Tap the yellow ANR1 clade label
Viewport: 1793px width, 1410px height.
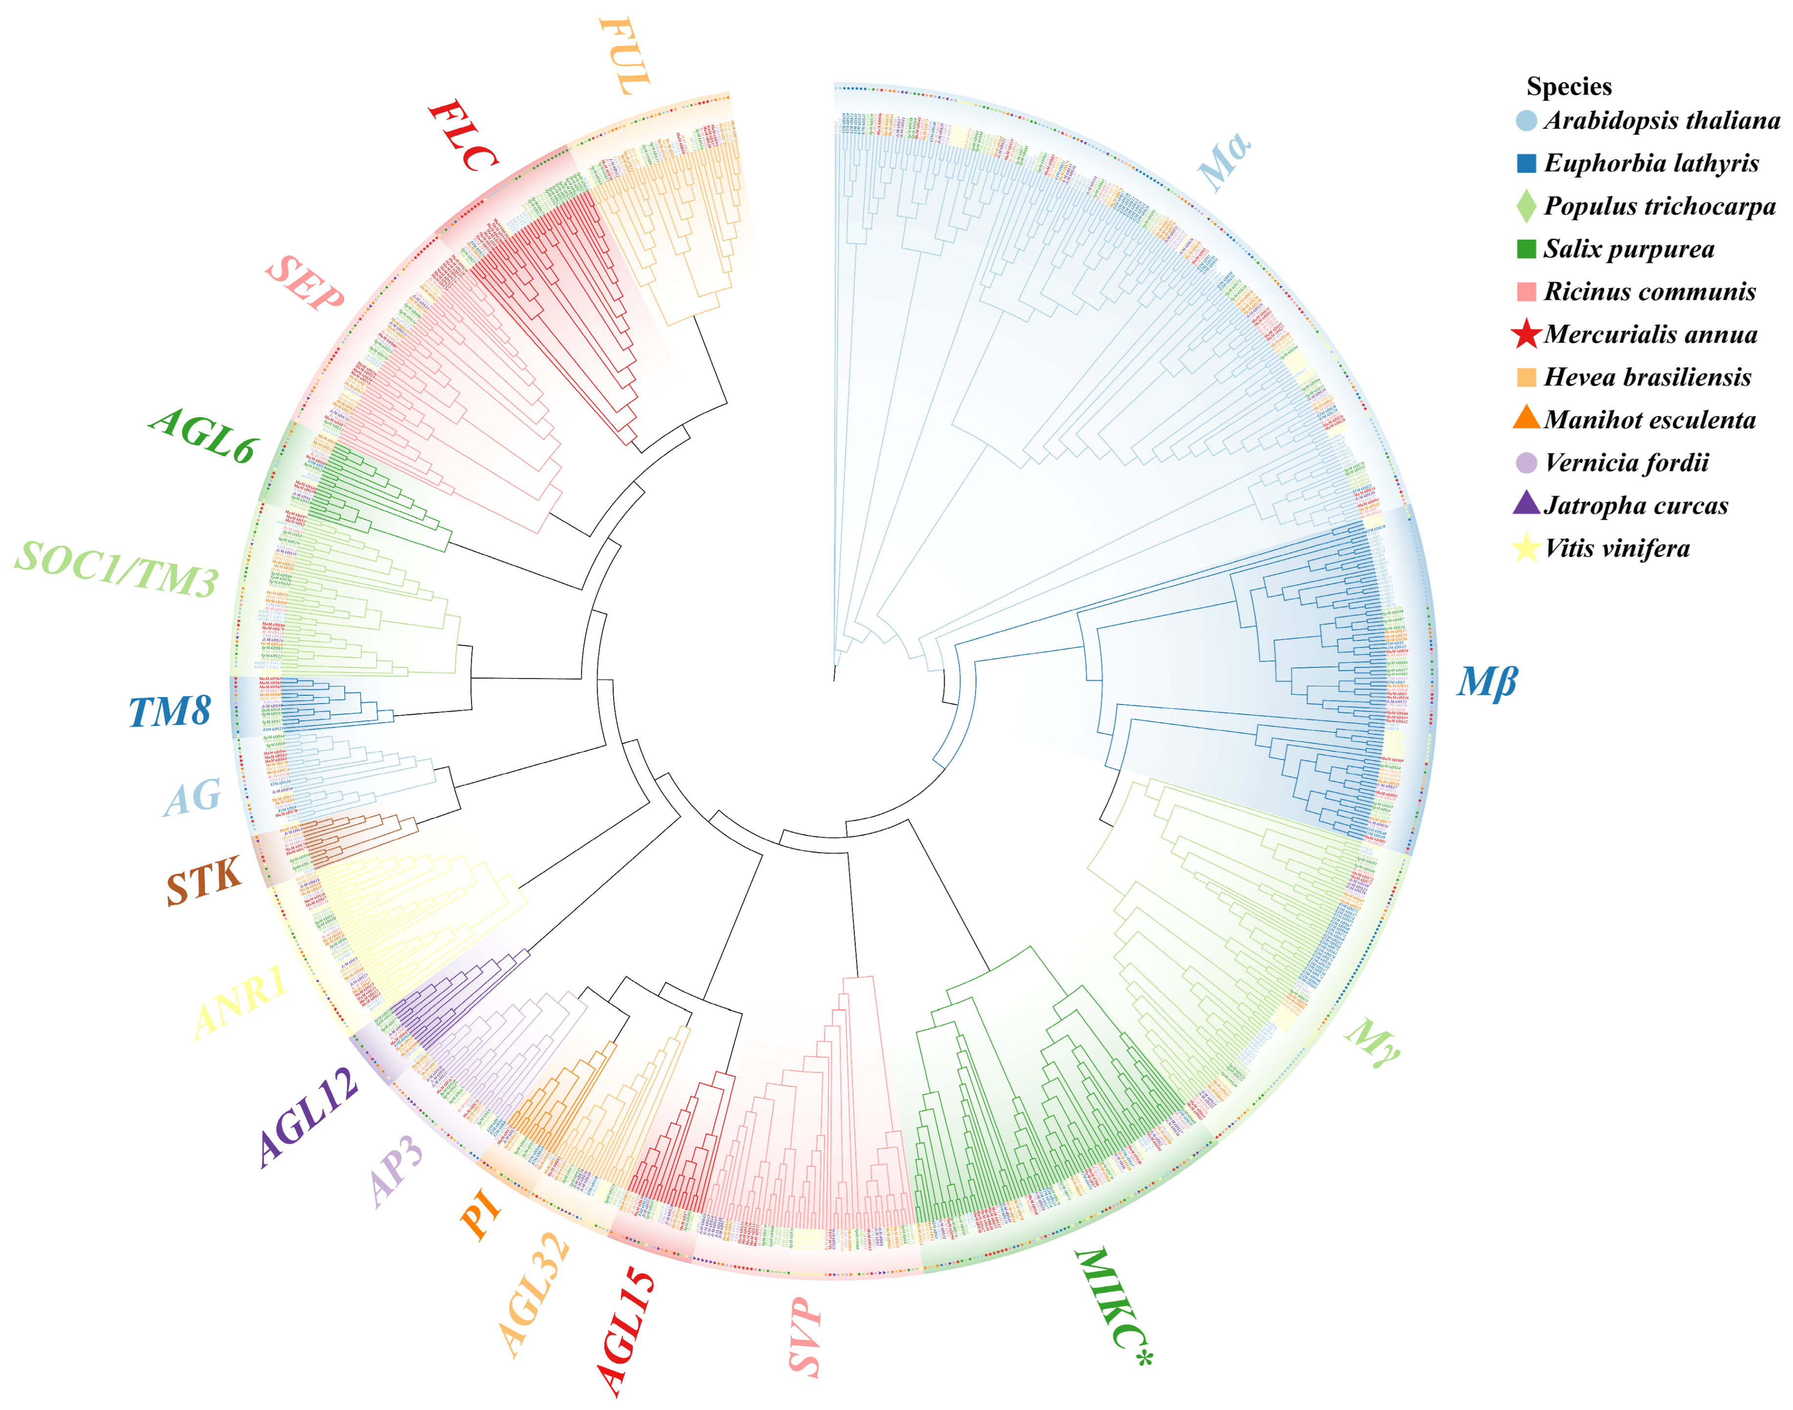pyautogui.click(x=240, y=1001)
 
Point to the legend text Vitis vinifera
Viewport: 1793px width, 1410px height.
pyautogui.click(x=1616, y=548)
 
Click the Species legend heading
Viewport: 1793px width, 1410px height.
pyautogui.click(x=1569, y=86)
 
